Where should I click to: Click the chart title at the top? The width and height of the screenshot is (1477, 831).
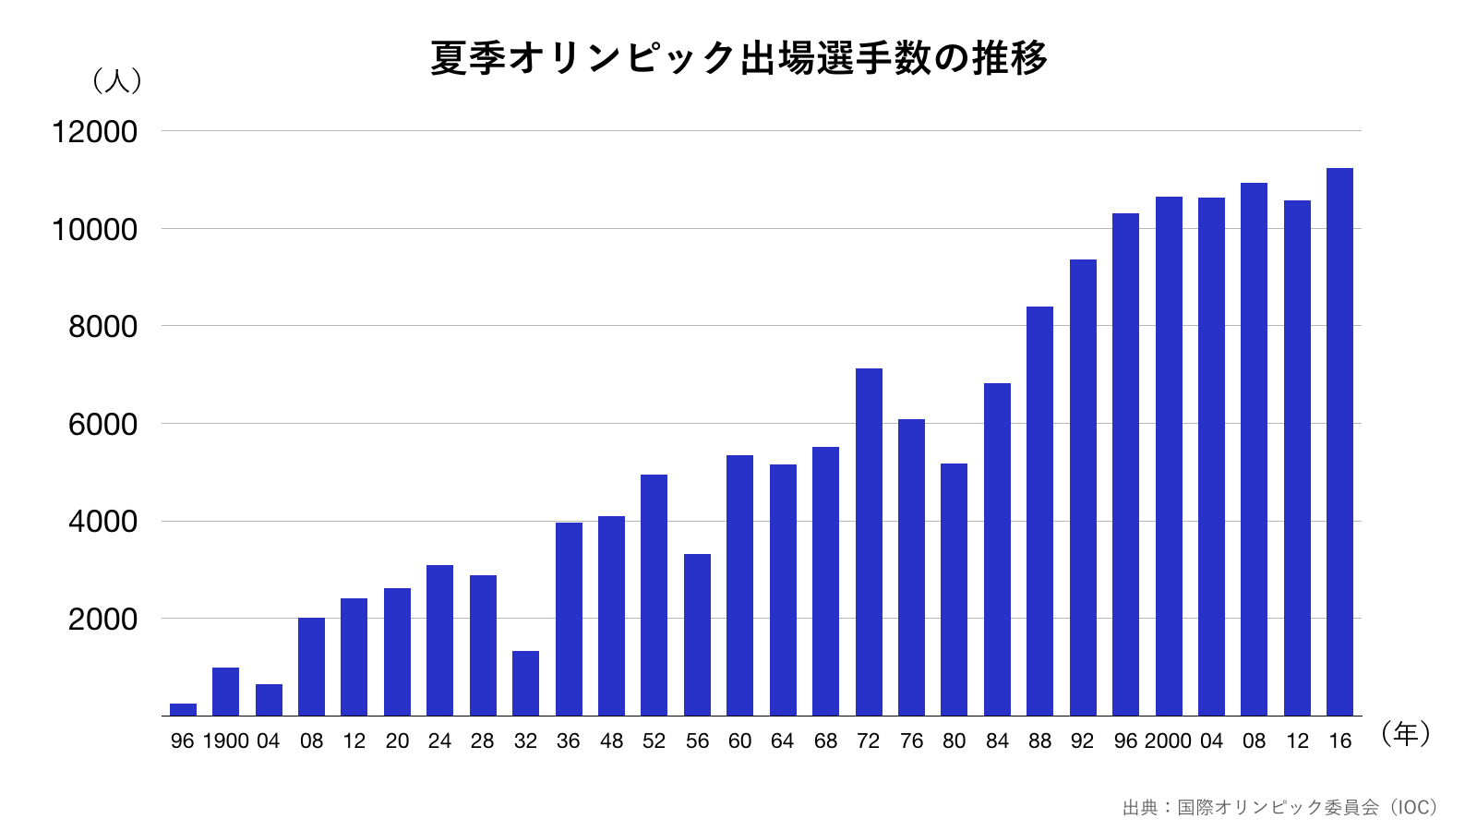738,57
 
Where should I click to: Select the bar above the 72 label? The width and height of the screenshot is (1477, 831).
869,542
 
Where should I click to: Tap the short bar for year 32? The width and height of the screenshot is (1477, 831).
525,683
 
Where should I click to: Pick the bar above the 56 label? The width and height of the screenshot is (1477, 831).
697,634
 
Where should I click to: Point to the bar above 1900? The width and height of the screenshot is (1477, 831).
225,692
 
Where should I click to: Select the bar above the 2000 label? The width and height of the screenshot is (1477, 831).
1169,456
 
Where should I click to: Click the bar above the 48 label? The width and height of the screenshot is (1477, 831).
611,616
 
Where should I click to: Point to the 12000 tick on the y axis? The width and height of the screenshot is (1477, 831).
94,132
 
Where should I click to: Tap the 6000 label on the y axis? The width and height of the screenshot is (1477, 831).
102,425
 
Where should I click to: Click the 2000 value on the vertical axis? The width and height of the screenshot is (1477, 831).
102,620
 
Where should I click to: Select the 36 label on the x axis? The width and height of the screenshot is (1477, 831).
568,741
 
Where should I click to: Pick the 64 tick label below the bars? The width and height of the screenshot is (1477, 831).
782,741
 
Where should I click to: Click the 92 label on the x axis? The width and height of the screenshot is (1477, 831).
1082,741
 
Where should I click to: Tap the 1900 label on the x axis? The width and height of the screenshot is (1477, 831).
225,741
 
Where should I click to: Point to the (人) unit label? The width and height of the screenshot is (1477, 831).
117,81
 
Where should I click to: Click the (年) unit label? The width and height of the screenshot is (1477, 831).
1405,734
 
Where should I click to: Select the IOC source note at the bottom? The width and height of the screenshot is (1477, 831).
1279,808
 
